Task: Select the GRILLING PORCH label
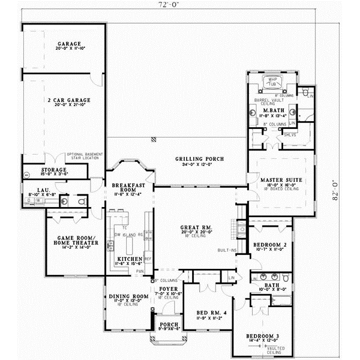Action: tap(199, 159)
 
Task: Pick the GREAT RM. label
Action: tap(194, 227)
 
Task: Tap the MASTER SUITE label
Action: tap(281, 180)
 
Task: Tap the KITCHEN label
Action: tap(129, 259)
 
